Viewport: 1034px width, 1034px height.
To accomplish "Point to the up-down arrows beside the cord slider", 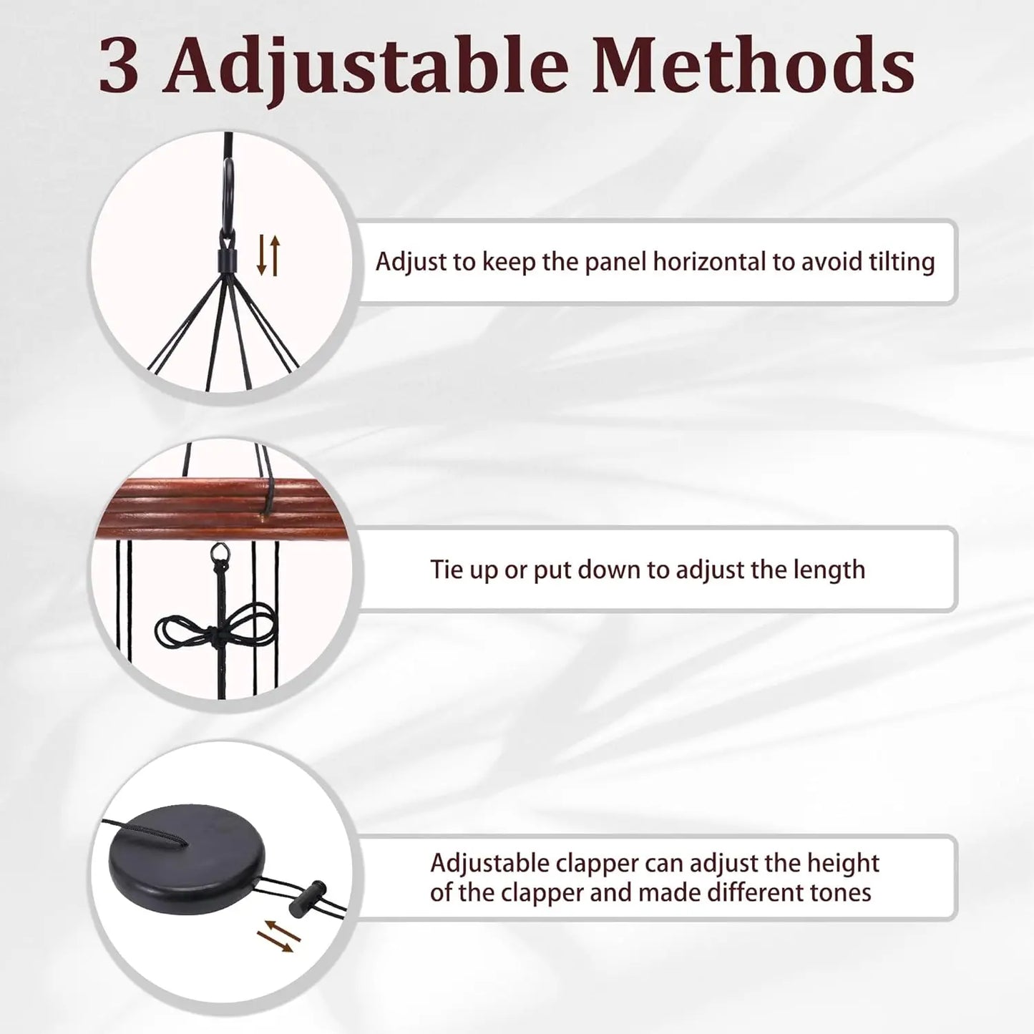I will [268, 255].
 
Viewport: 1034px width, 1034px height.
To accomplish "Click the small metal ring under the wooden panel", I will [218, 552].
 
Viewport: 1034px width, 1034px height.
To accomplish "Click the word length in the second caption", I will [829, 570].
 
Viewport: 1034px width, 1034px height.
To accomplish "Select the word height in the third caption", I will [843, 863].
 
